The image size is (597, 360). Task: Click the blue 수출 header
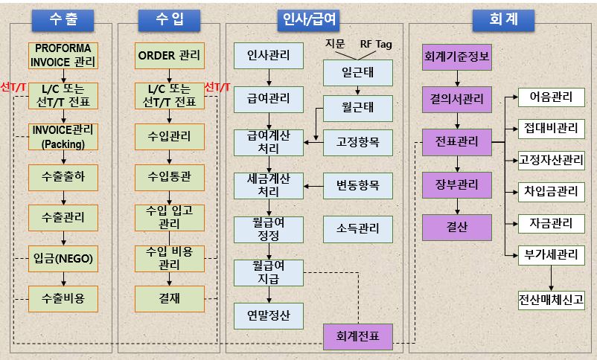click(63, 19)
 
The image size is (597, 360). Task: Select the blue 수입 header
click(170, 19)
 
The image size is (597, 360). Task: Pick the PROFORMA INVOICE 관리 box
click(63, 55)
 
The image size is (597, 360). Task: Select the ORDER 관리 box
click(170, 55)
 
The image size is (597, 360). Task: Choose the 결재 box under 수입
click(170, 298)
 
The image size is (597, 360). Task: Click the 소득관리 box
click(357, 227)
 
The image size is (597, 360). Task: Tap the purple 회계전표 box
click(357, 337)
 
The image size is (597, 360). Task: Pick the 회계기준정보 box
click(458, 55)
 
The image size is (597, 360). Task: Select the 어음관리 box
click(551, 97)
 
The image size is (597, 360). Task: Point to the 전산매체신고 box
click(551, 300)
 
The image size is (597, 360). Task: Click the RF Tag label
click(376, 44)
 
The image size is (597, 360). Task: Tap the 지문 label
click(335, 44)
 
